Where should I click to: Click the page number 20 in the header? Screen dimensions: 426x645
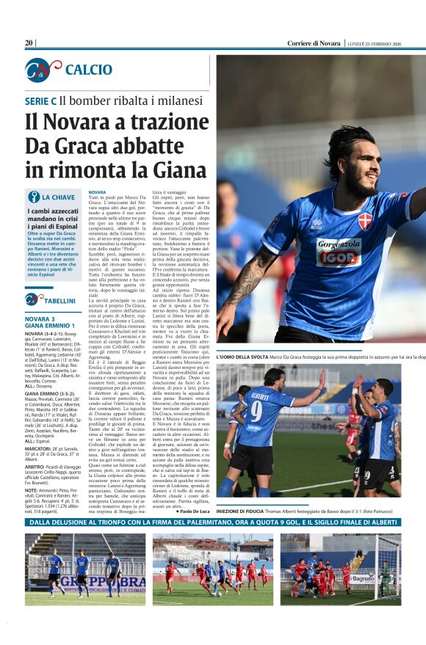point(29,43)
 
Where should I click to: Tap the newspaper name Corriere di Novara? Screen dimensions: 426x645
point(314,43)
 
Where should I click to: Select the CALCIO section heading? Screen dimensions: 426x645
point(89,70)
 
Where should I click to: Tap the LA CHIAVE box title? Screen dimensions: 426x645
point(57,197)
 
